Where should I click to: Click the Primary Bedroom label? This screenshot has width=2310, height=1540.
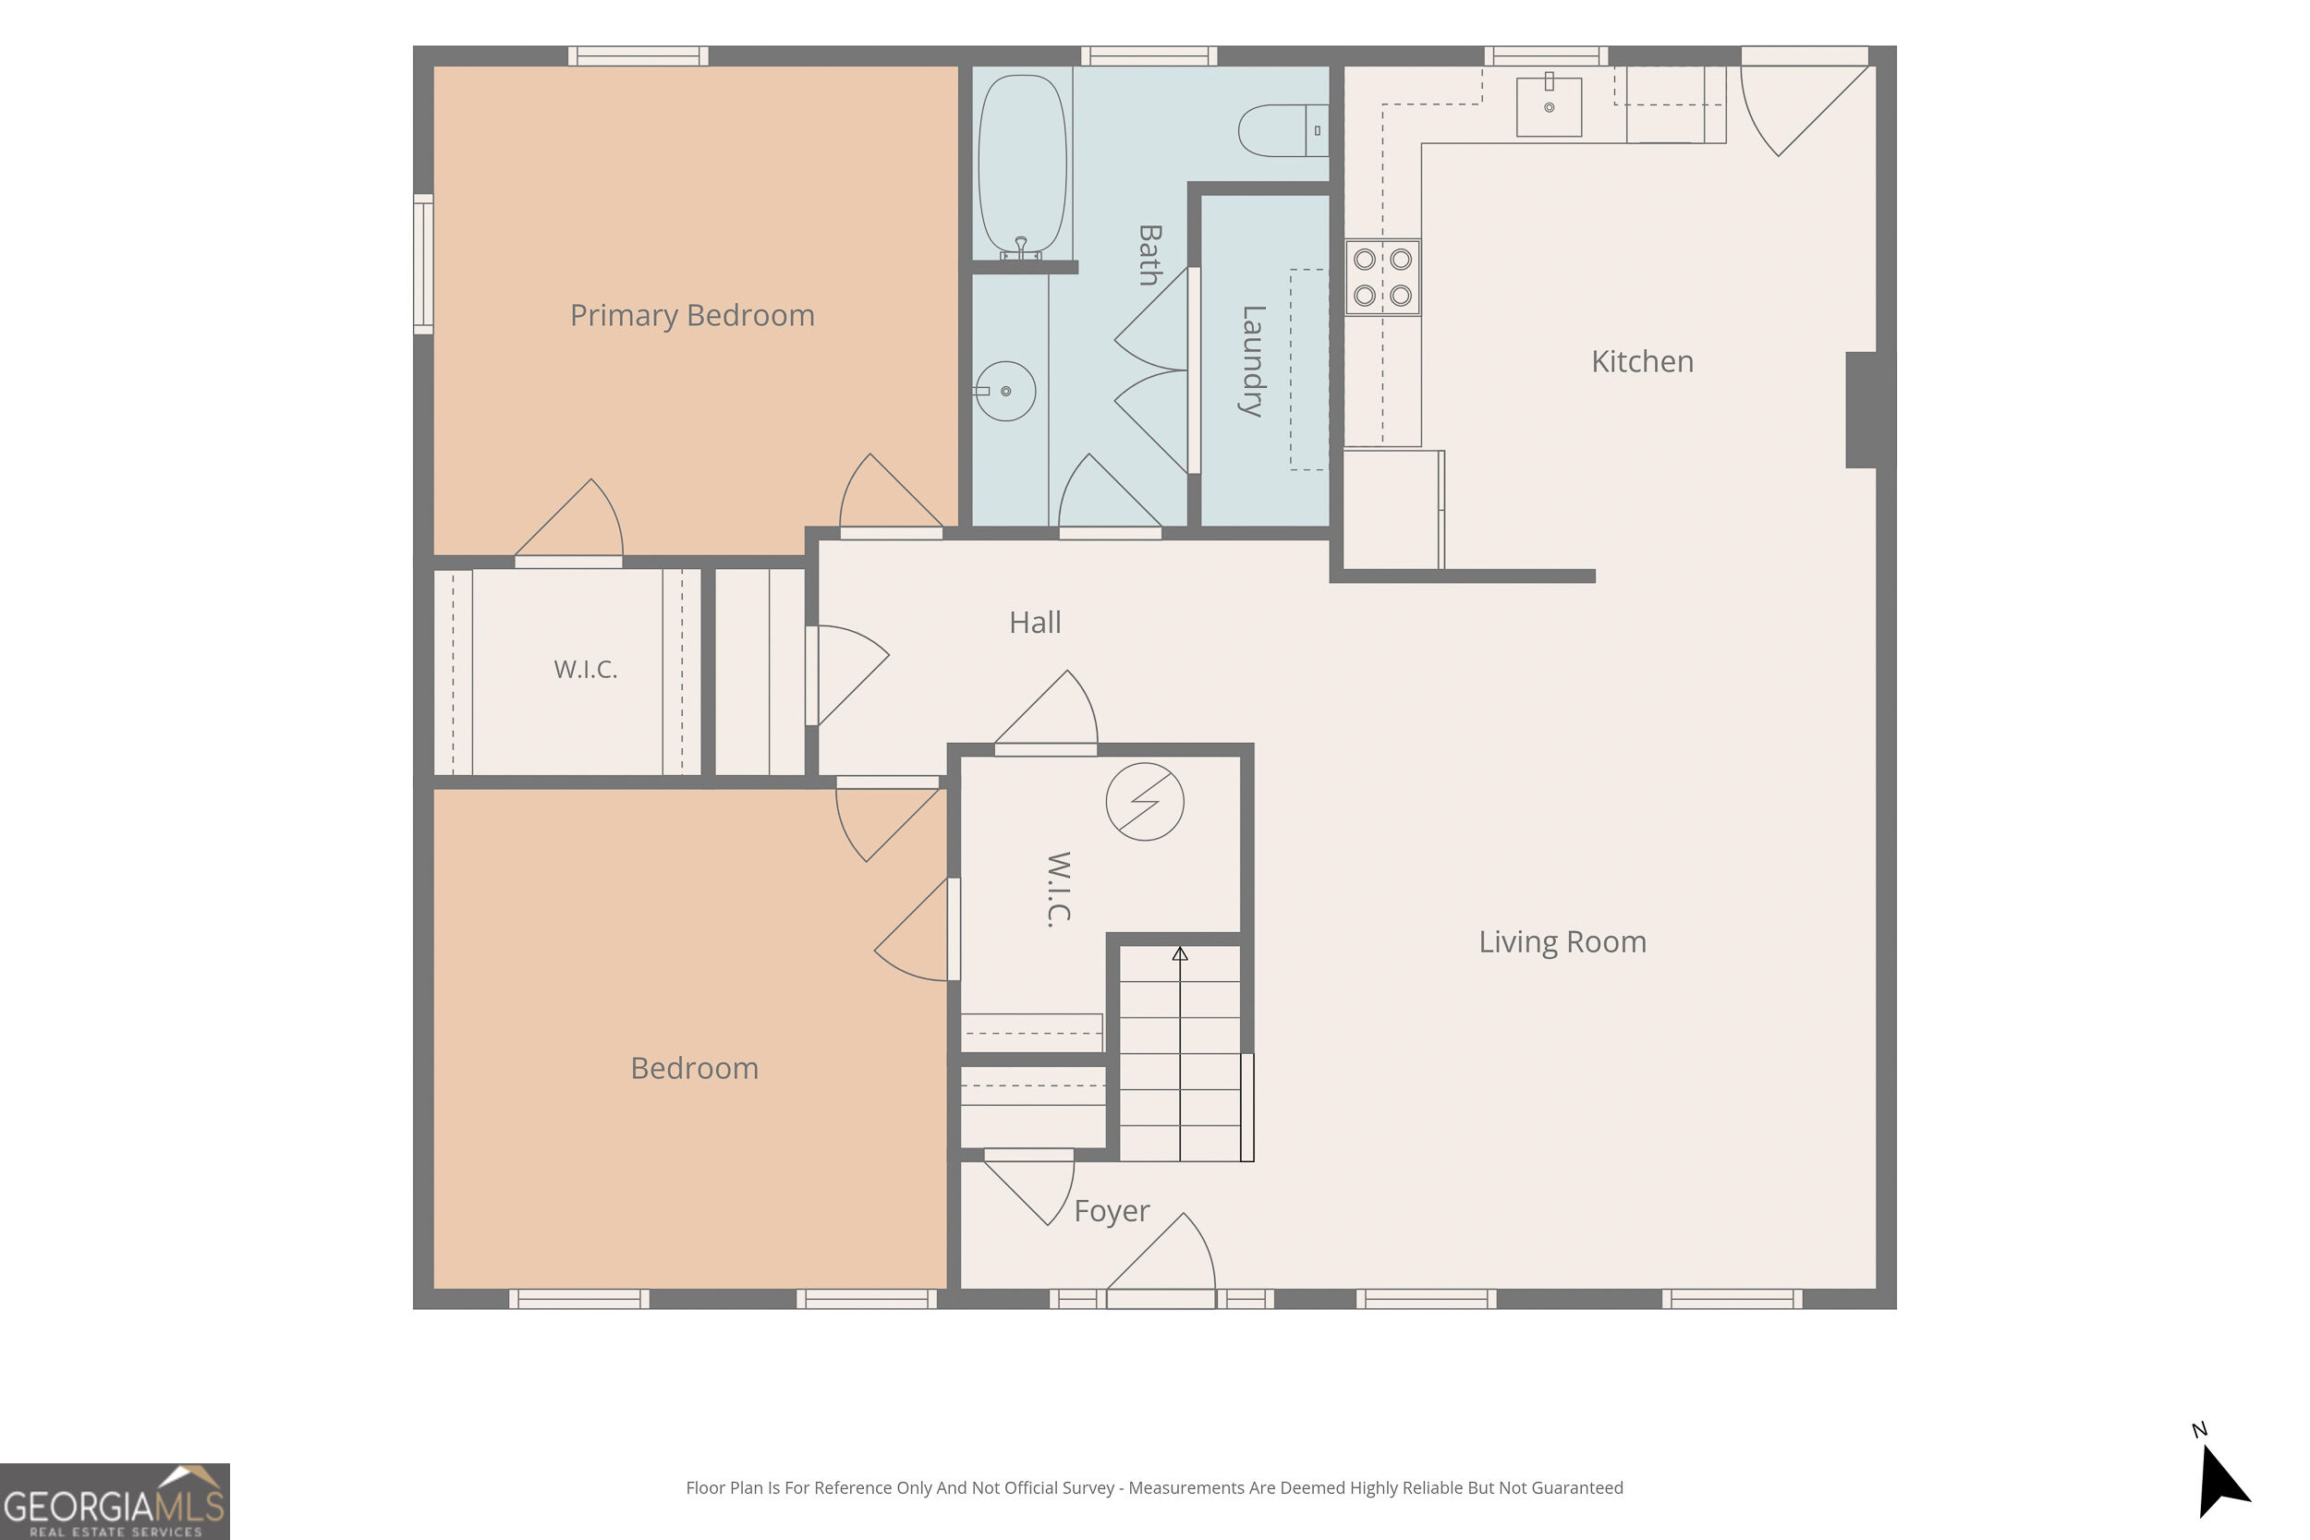pos(692,315)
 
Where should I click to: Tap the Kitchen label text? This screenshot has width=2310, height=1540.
pos(1642,361)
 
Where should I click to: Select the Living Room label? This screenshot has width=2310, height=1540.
pos(1562,942)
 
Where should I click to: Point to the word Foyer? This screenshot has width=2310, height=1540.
pos(1112,1211)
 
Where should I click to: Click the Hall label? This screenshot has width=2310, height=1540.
pos(1035,622)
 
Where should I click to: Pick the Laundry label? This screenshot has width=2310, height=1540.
pos(1252,361)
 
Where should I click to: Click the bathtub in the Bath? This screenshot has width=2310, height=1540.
pos(1023,165)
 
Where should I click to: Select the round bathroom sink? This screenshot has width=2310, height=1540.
pos(1004,391)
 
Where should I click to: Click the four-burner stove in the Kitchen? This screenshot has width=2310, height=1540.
pos(1383,277)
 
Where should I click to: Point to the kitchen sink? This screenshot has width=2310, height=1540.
pos(1549,106)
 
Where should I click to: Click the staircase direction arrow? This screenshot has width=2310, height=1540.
pos(1180,1053)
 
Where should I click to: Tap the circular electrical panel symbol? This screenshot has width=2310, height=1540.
pos(1144,802)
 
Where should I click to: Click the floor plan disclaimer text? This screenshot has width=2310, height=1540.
pos(1154,1488)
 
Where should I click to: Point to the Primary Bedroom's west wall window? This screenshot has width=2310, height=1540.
pos(423,264)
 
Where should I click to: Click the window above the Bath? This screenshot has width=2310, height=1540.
pos(1149,56)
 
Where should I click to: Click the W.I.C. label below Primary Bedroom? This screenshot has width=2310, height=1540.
pos(586,670)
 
